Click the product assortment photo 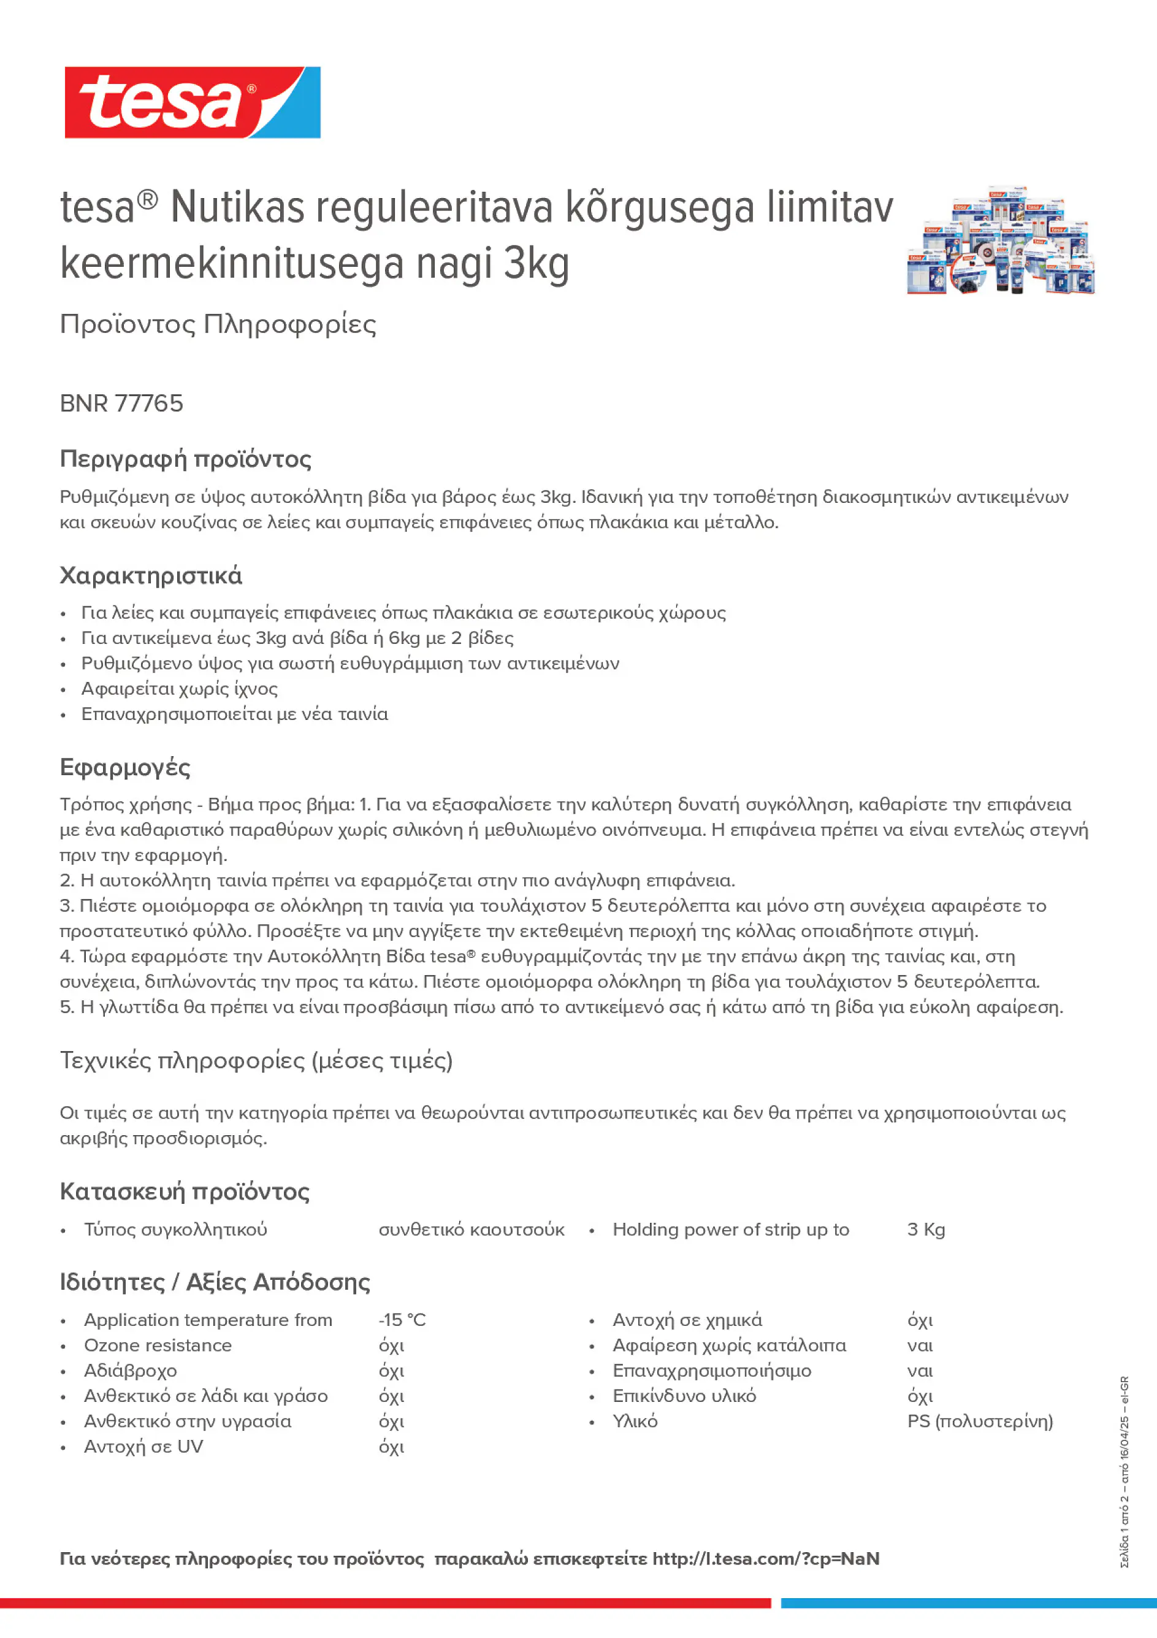pyautogui.click(x=1000, y=240)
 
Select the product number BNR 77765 pyautogui.click(x=121, y=403)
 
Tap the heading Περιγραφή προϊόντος pyautogui.click(x=185, y=459)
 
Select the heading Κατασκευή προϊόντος pyautogui.click(x=185, y=1192)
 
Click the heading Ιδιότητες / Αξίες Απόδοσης pyautogui.click(x=215, y=1282)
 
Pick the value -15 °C pyautogui.click(x=402, y=1320)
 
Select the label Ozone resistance pyautogui.click(x=158, y=1345)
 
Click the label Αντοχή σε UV pyautogui.click(x=143, y=1446)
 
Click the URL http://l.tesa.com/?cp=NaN pyautogui.click(x=765, y=1559)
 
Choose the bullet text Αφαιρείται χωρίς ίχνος pyautogui.click(x=179, y=689)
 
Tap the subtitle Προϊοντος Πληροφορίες pyautogui.click(x=218, y=324)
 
